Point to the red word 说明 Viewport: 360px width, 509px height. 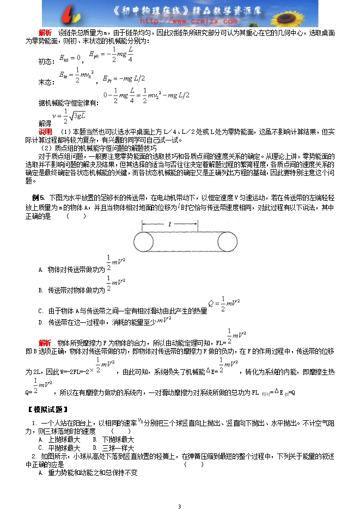coord(45,132)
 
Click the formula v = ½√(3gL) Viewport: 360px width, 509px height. coord(70,116)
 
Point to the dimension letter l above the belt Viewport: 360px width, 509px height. coord(170,223)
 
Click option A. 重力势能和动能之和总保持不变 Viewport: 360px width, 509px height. coord(87,473)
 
